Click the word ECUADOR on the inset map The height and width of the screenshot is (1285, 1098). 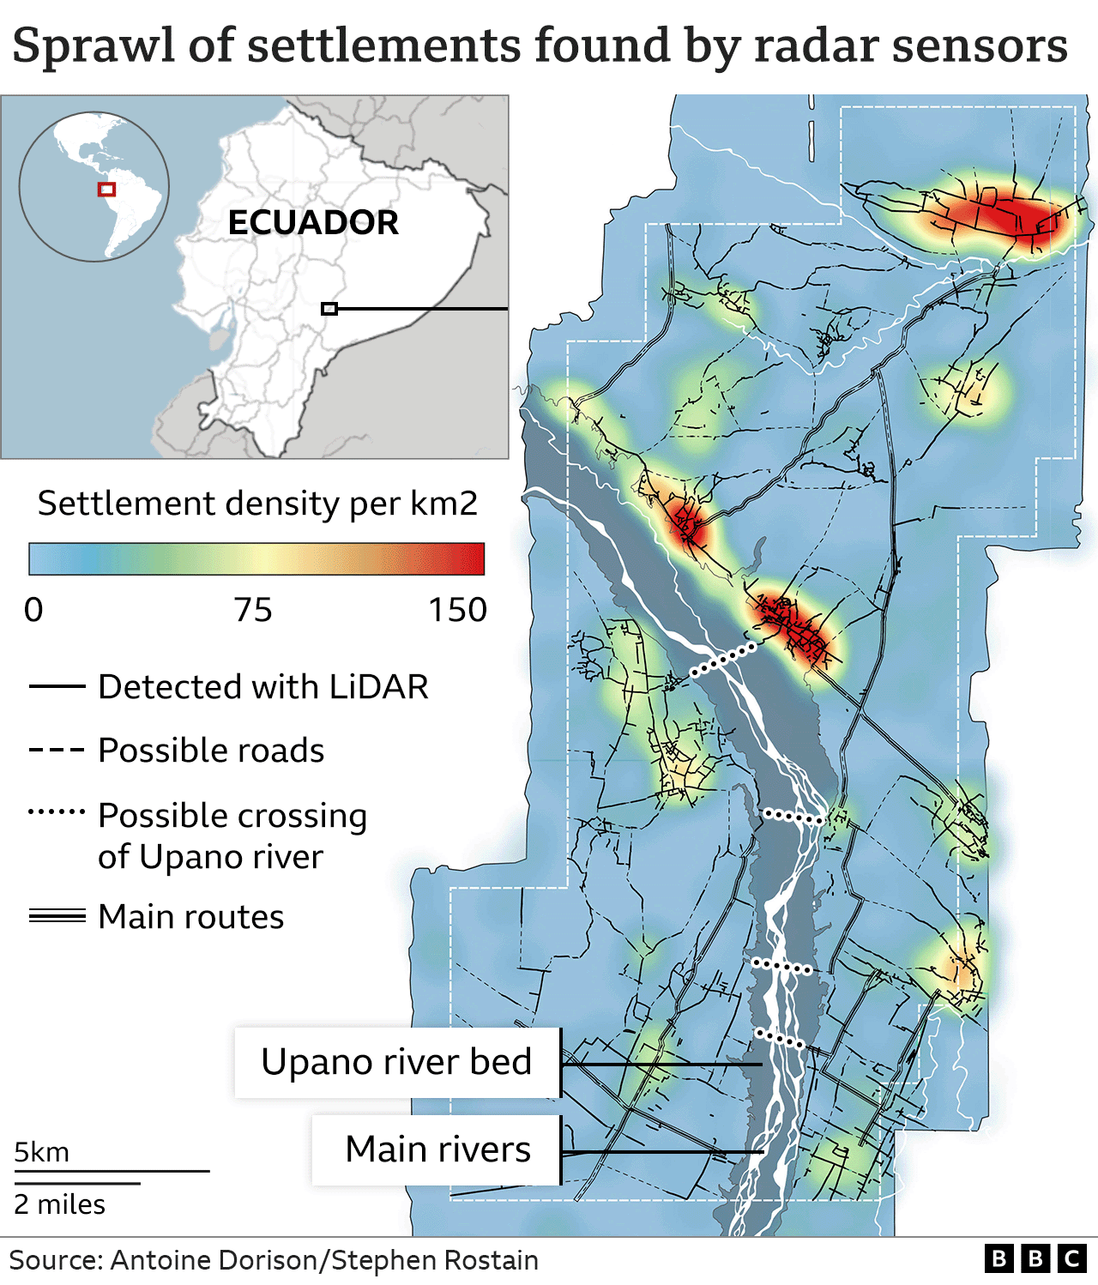click(x=313, y=223)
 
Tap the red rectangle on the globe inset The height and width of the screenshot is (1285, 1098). click(x=106, y=189)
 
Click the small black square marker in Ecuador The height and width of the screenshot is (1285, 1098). click(x=329, y=309)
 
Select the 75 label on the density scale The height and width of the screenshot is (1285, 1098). click(x=253, y=610)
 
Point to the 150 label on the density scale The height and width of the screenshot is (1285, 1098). click(x=457, y=610)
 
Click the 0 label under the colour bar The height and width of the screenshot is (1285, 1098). click(x=33, y=610)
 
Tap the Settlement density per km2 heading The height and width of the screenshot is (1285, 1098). click(x=257, y=504)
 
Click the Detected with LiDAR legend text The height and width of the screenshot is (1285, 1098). click(x=263, y=687)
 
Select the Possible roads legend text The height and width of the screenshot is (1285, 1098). click(x=211, y=751)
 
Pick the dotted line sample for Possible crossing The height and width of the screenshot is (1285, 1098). click(x=57, y=811)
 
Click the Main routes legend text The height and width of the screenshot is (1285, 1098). click(x=191, y=917)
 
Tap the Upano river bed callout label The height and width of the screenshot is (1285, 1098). click(x=396, y=1062)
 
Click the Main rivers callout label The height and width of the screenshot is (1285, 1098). click(x=437, y=1149)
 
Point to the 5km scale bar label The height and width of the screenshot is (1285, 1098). click(x=42, y=1152)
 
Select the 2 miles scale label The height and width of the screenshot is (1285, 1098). click(x=59, y=1204)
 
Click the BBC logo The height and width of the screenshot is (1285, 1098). click(x=1035, y=1258)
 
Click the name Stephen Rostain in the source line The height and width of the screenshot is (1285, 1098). click(x=435, y=1260)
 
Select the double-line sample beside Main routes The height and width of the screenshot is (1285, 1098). click(x=57, y=916)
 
